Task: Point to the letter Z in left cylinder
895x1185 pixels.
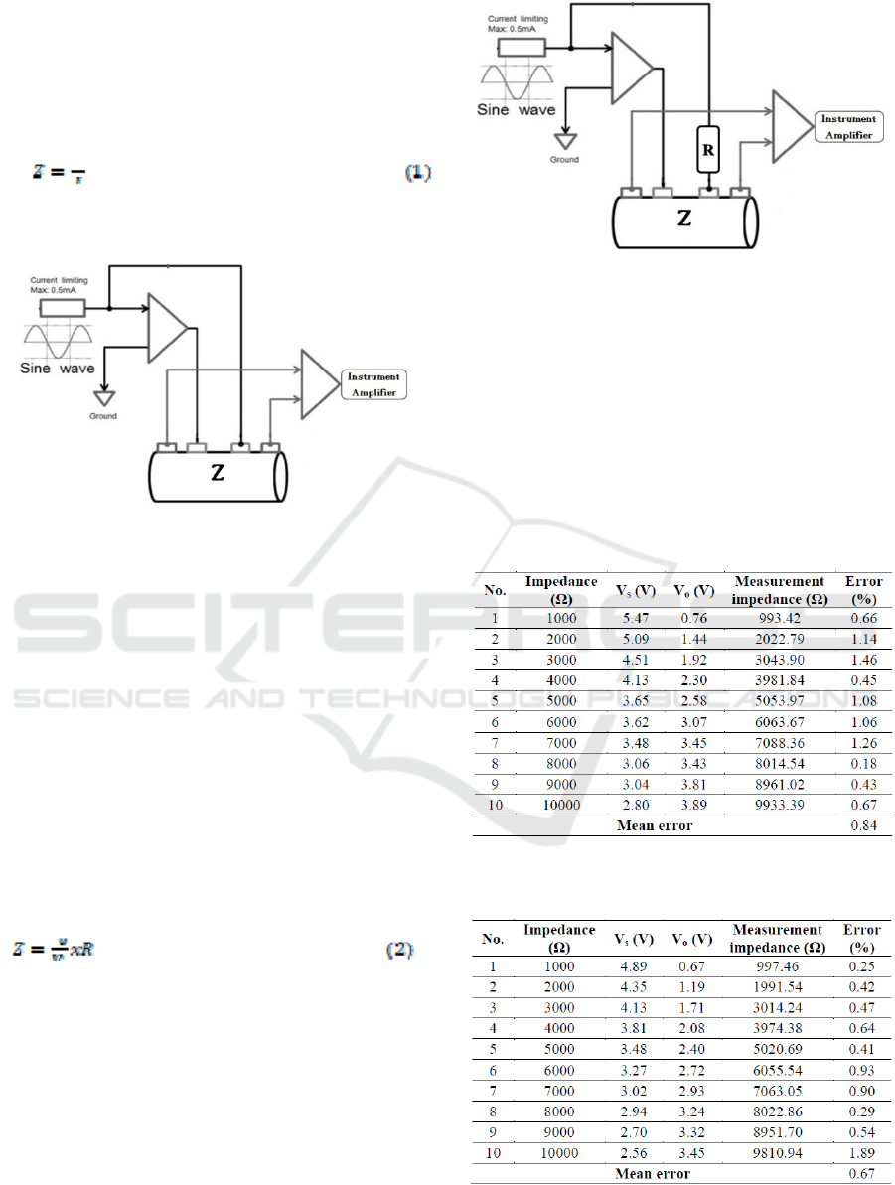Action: coord(218,474)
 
